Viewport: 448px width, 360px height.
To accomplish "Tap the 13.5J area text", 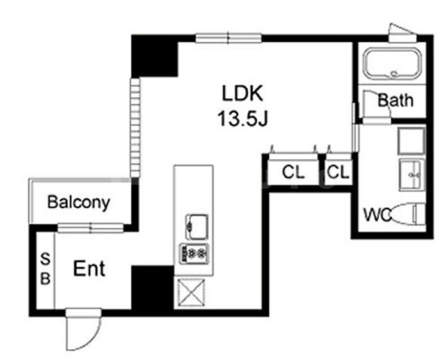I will click(243, 118).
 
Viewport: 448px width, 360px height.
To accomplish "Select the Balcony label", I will click(79, 203).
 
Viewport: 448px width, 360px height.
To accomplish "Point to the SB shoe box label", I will click(45, 269).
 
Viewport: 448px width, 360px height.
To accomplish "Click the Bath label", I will click(395, 100).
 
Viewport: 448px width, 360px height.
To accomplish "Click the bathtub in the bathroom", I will click(391, 64).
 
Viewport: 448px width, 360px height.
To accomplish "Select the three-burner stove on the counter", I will click(194, 253).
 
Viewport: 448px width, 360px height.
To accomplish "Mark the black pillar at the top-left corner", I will click(154, 56).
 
